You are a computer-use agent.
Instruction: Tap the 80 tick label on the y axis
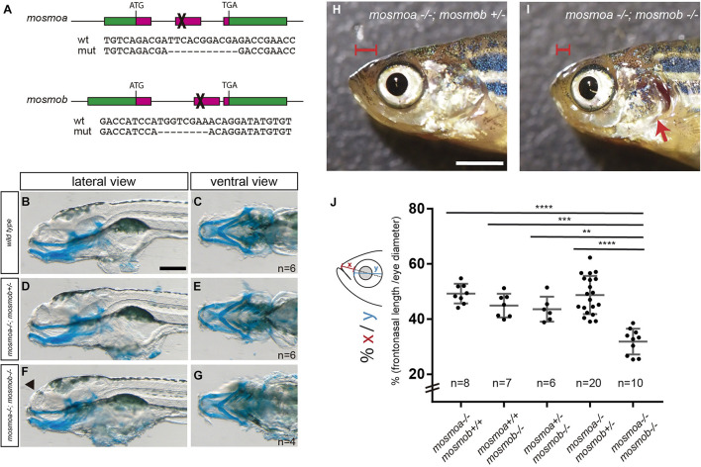click(419, 211)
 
